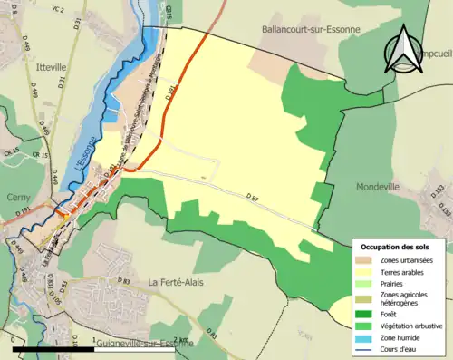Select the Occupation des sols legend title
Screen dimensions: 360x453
point(395,247)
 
